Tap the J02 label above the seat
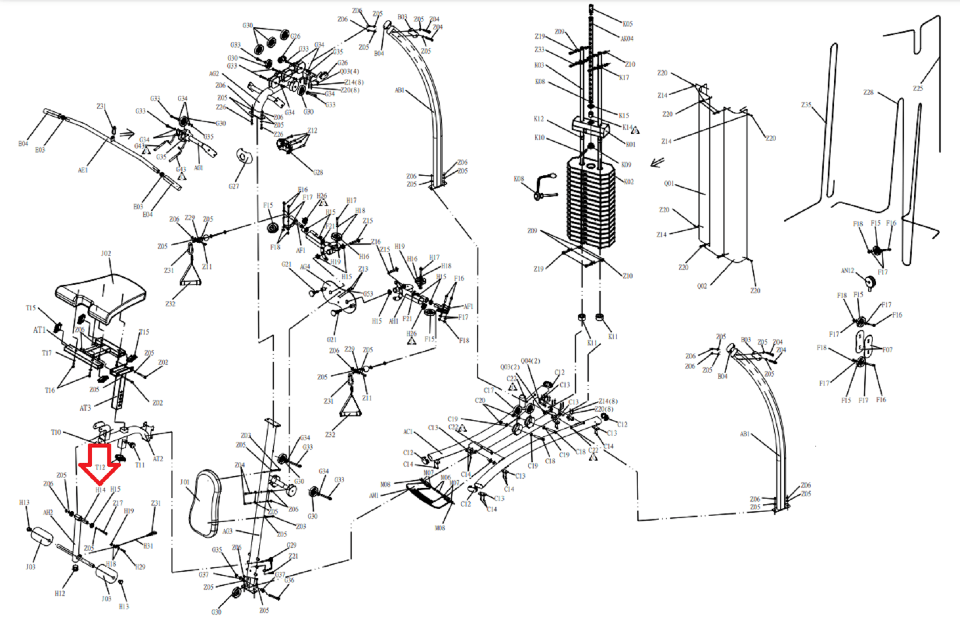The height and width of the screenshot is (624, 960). [x=106, y=254]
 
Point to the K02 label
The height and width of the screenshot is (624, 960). [x=629, y=182]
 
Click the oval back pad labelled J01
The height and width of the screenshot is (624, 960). [x=204, y=503]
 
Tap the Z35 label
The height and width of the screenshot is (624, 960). [x=806, y=105]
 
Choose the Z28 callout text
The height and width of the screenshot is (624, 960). [x=868, y=92]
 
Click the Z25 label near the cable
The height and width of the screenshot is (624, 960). [x=918, y=88]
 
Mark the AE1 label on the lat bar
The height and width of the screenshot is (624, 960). [x=83, y=170]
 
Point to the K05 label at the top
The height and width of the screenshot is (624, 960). [x=628, y=24]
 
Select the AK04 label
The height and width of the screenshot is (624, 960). [x=627, y=39]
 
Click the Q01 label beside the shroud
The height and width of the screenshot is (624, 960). [x=669, y=184]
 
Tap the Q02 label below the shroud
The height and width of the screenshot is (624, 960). [x=702, y=286]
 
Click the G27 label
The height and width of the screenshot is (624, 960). [x=234, y=186]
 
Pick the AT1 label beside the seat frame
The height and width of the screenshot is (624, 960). [x=39, y=330]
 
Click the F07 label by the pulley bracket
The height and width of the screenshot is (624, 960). [x=887, y=349]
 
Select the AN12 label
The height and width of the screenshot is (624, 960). [x=847, y=271]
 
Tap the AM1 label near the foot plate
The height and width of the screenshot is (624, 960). [x=374, y=495]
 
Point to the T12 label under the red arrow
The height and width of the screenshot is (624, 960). [x=100, y=467]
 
